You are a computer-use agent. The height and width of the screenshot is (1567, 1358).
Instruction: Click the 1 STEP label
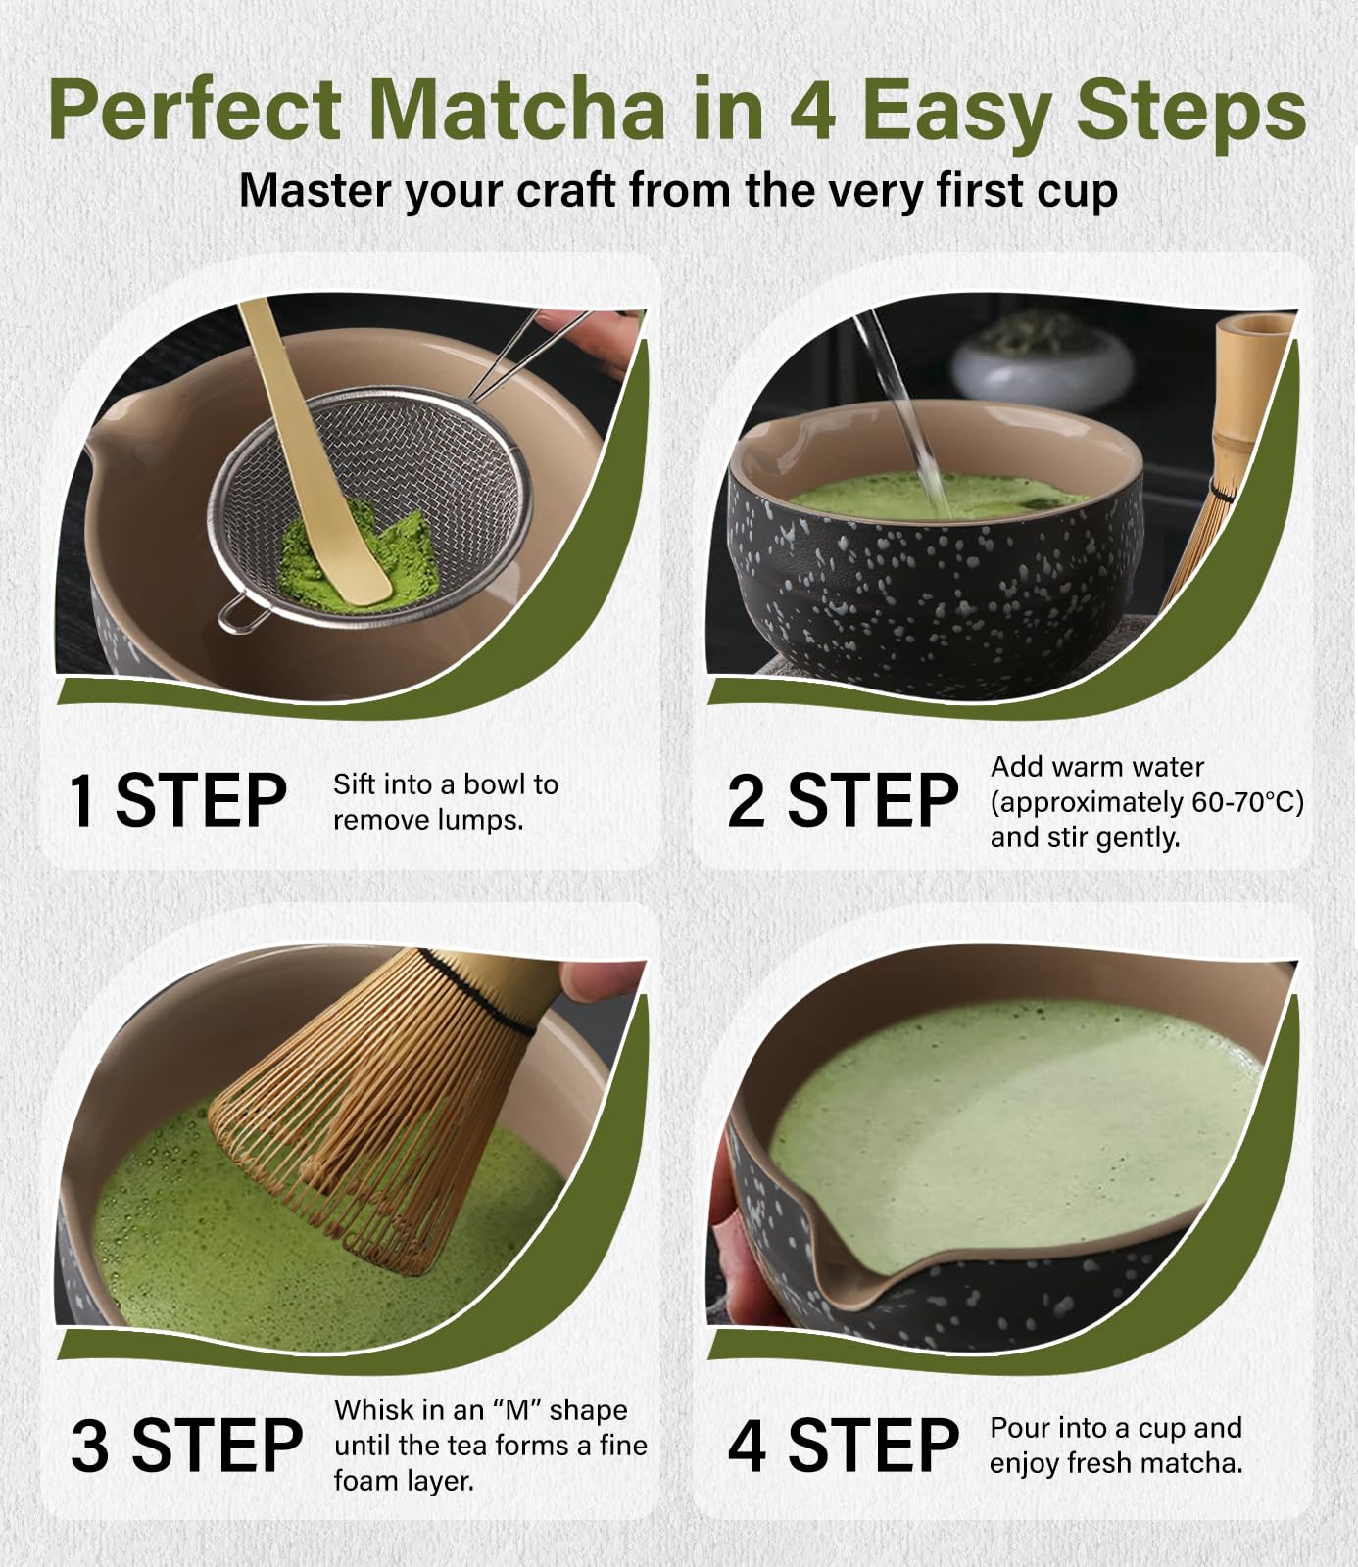(x=177, y=800)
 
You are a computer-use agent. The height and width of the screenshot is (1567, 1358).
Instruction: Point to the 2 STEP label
(x=843, y=800)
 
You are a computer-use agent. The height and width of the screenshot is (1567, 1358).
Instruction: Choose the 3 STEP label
(x=186, y=1446)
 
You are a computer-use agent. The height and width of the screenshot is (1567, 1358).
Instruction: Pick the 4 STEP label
(x=843, y=1446)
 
